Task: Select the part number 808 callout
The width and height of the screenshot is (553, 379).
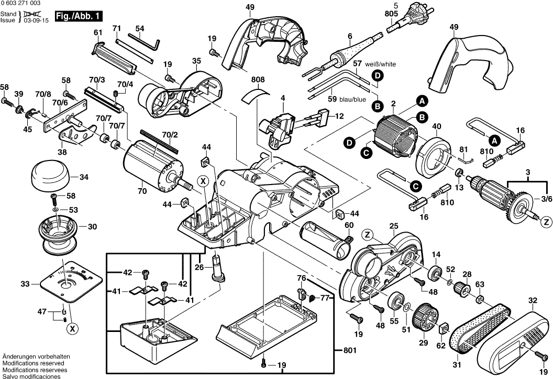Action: coord(258,80)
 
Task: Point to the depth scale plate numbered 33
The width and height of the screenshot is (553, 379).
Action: coord(65,283)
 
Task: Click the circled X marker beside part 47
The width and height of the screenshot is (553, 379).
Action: coord(72,329)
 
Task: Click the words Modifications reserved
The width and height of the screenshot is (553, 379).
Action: coord(33,363)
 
